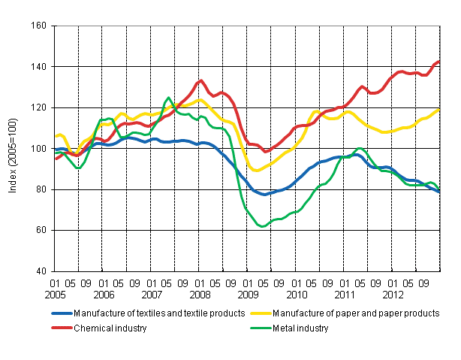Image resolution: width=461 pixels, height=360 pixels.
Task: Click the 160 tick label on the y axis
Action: click(x=40, y=26)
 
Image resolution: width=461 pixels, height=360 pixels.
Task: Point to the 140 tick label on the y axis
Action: click(x=40, y=67)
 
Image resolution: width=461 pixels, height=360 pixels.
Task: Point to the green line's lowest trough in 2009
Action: click(x=262, y=226)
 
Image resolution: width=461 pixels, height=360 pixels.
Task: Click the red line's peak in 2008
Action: click(x=200, y=80)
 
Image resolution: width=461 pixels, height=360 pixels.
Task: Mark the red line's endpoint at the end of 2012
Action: click(x=439, y=61)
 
